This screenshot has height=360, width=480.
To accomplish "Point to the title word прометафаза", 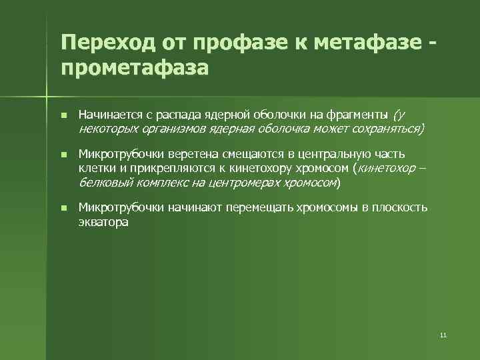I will [x=134, y=68].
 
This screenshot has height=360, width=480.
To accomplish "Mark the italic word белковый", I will [x=102, y=181].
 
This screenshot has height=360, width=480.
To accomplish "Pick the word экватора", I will [x=103, y=222].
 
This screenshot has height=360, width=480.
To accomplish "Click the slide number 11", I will [x=443, y=335].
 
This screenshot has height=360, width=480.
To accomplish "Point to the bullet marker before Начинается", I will [x=63, y=115].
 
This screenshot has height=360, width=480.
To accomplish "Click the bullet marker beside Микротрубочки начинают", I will [x=63, y=209].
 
